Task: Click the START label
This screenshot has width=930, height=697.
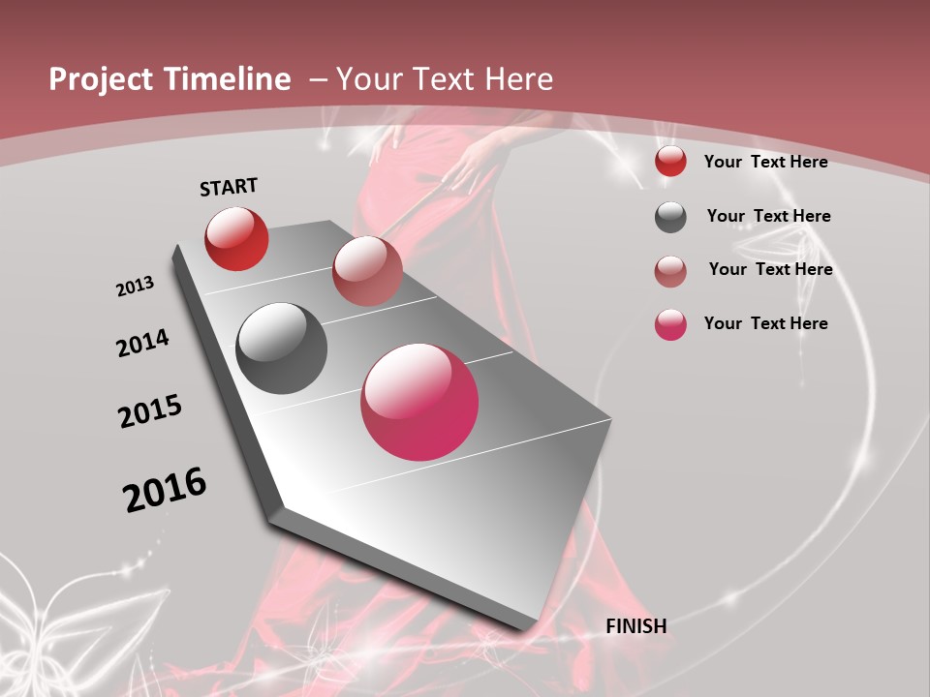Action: click(229, 187)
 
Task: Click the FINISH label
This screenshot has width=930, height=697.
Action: click(635, 626)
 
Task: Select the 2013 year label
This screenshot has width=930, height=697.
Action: click(135, 287)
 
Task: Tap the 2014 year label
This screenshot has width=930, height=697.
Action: click(142, 343)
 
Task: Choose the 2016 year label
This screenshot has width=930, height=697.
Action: click(165, 489)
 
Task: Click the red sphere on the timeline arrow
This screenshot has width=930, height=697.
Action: click(236, 238)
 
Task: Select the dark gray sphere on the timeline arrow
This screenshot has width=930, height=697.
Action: click(281, 348)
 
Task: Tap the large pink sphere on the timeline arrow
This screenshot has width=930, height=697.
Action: click(419, 402)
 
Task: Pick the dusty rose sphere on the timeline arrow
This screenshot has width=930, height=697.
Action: click(367, 271)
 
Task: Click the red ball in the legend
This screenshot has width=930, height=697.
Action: click(670, 162)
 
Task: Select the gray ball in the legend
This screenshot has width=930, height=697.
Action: click(670, 217)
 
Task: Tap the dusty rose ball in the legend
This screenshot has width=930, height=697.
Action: click(670, 271)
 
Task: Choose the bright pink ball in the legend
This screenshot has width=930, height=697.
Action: click(670, 324)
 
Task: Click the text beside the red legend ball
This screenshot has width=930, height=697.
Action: click(765, 162)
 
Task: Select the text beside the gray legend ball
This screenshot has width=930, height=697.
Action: click(768, 216)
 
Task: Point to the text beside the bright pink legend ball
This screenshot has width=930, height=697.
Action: click(765, 323)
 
